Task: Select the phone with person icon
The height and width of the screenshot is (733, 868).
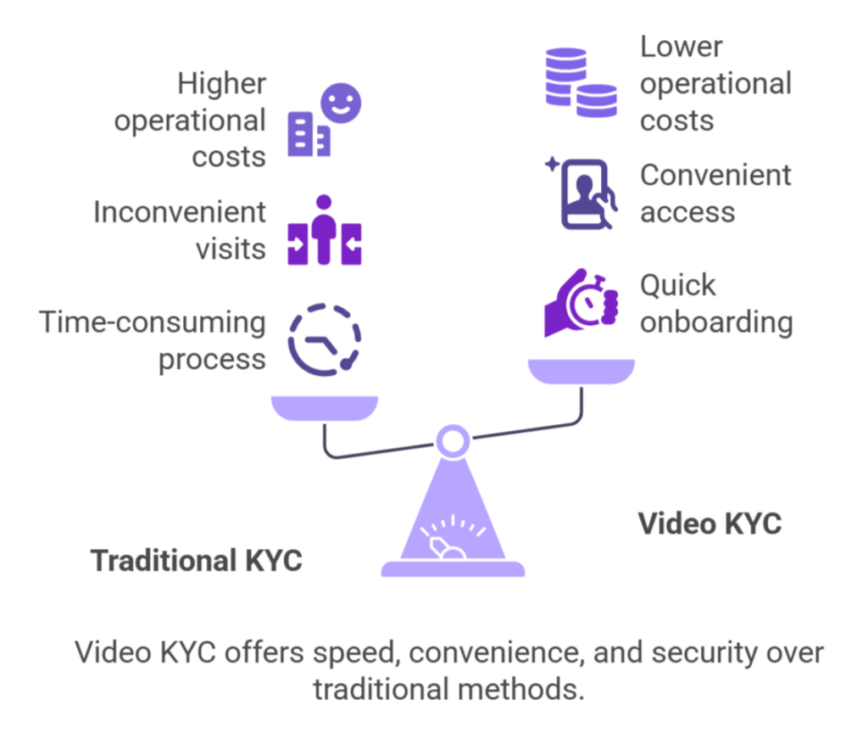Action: click(x=585, y=194)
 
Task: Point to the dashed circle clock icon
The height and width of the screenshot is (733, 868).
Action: click(x=325, y=340)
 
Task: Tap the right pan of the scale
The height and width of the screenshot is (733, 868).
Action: click(x=581, y=372)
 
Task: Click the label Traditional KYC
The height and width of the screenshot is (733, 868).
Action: click(x=196, y=561)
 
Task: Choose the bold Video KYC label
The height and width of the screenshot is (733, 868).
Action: click(x=709, y=523)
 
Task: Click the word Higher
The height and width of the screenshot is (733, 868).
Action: click(x=221, y=84)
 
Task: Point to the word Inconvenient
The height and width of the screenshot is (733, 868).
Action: click(x=180, y=212)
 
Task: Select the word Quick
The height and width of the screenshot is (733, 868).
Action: click(x=677, y=285)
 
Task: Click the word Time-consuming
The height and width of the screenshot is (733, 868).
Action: click(x=153, y=322)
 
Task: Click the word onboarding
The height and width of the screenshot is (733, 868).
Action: click(x=716, y=322)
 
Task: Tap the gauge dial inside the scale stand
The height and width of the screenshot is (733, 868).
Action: click(x=451, y=534)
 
